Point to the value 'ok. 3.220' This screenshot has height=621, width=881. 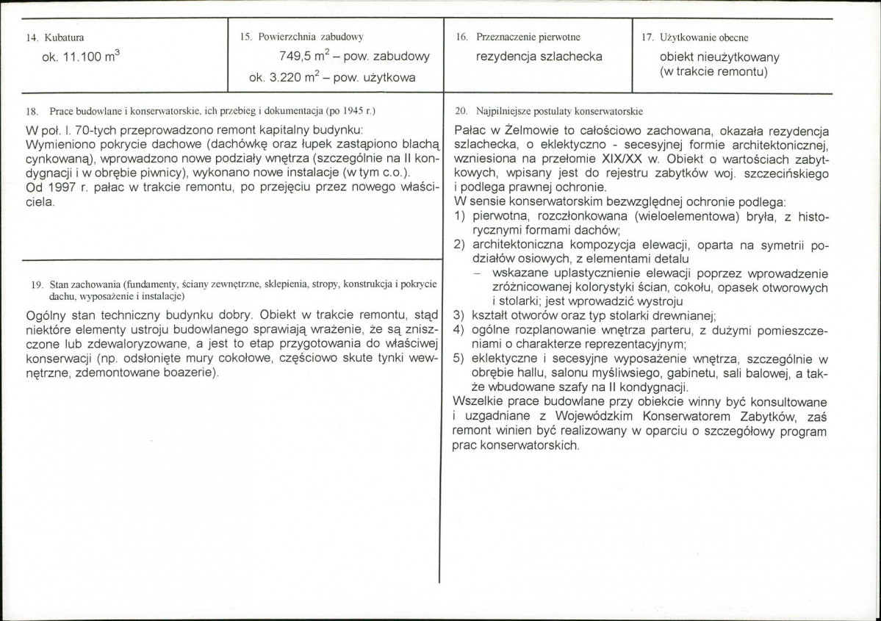277,77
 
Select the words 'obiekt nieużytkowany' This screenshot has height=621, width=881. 719,57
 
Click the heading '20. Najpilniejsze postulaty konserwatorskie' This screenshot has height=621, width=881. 549,112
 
